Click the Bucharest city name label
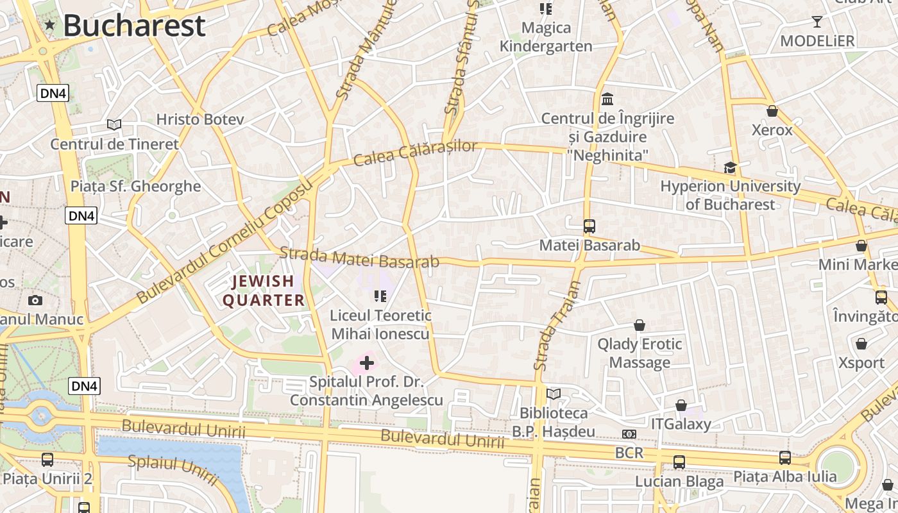(x=134, y=26)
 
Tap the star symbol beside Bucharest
(x=50, y=25)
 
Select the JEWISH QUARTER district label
(x=263, y=290)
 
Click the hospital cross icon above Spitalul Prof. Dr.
(x=367, y=364)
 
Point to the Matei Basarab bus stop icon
(x=589, y=226)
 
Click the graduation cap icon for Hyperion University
(x=730, y=168)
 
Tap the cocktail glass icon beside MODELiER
(x=817, y=22)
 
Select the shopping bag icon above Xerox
(x=772, y=112)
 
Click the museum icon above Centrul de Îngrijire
(x=607, y=99)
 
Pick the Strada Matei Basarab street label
(x=359, y=257)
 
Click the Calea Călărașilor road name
(x=415, y=153)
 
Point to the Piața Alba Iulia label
(x=784, y=476)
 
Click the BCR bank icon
(x=629, y=434)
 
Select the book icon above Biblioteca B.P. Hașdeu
(x=554, y=394)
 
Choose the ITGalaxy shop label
(x=681, y=424)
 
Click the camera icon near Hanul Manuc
(x=35, y=300)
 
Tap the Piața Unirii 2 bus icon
(x=47, y=460)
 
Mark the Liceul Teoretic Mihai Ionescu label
(x=381, y=324)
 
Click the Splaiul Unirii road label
(x=173, y=469)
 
